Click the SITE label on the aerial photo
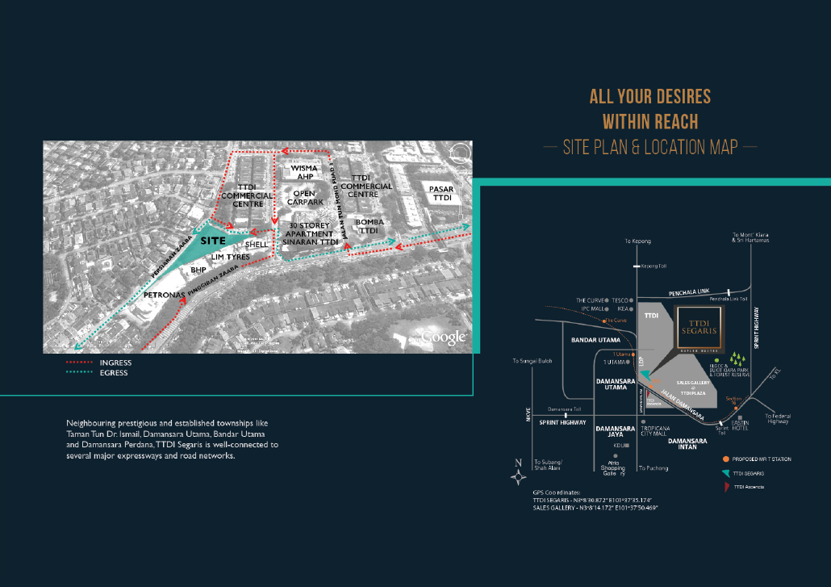click(x=213, y=241)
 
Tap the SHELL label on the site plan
click(x=257, y=244)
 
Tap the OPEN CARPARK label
click(x=304, y=199)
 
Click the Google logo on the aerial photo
click(x=444, y=337)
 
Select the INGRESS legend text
click(x=115, y=363)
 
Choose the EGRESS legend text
click(x=114, y=373)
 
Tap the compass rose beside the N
click(x=518, y=476)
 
